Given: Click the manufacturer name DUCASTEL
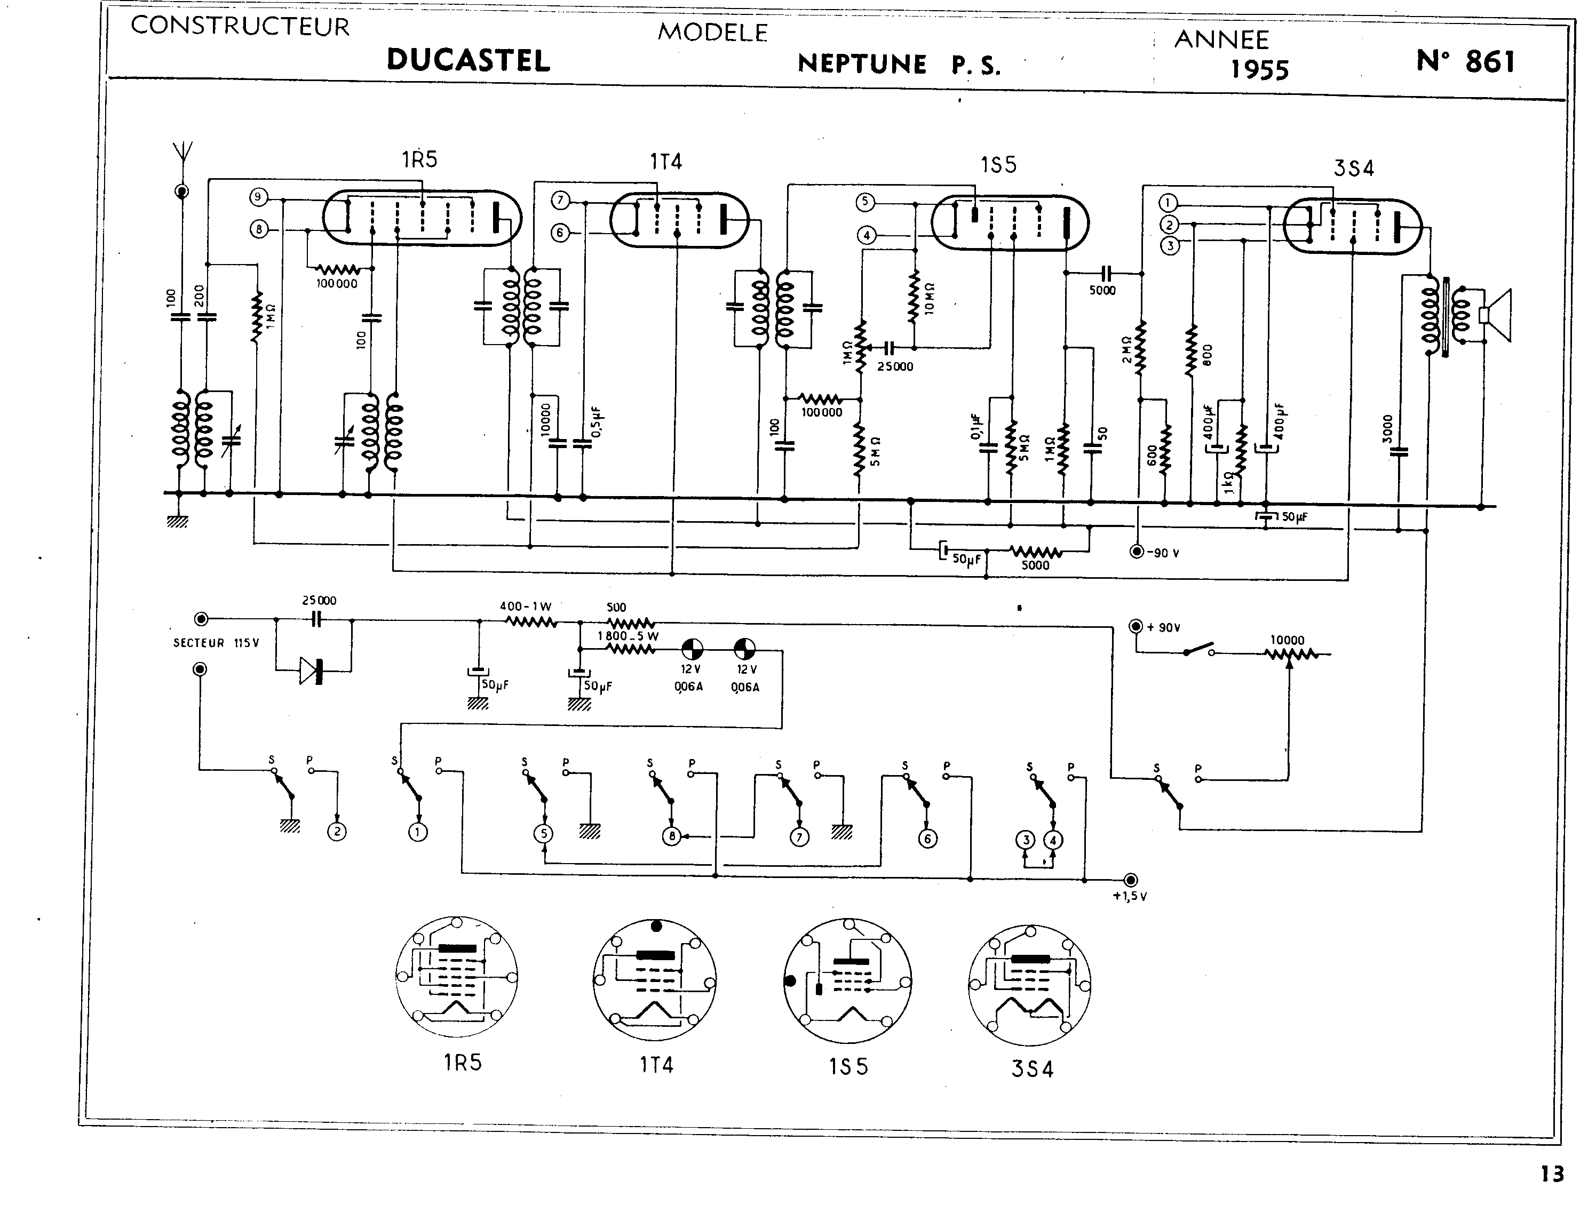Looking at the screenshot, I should click(x=468, y=60).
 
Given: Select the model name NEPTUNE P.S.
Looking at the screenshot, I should click(x=899, y=65).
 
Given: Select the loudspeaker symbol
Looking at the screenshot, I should click(x=1495, y=315).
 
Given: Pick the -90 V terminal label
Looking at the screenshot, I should click(x=1163, y=553).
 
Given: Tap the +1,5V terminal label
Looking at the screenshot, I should click(x=1129, y=896).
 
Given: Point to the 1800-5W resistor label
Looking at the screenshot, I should click(x=628, y=636).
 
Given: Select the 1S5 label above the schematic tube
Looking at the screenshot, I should click(x=998, y=166).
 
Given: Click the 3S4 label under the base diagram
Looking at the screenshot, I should click(x=1033, y=1068).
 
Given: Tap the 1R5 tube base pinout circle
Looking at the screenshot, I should click(x=456, y=978).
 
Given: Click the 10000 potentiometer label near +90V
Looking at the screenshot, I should click(x=1287, y=640).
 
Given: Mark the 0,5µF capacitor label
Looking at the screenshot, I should click(x=597, y=422).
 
